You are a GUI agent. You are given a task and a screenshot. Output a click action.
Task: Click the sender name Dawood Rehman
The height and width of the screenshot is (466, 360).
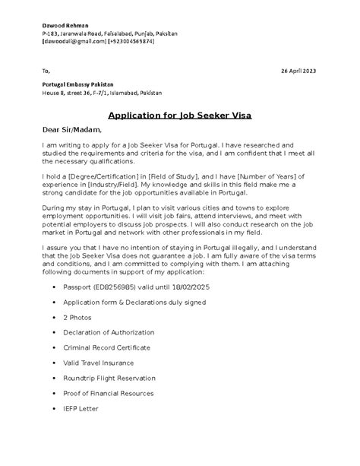click(x=64, y=26)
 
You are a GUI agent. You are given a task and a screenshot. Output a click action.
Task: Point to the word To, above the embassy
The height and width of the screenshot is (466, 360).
click(x=47, y=71)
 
